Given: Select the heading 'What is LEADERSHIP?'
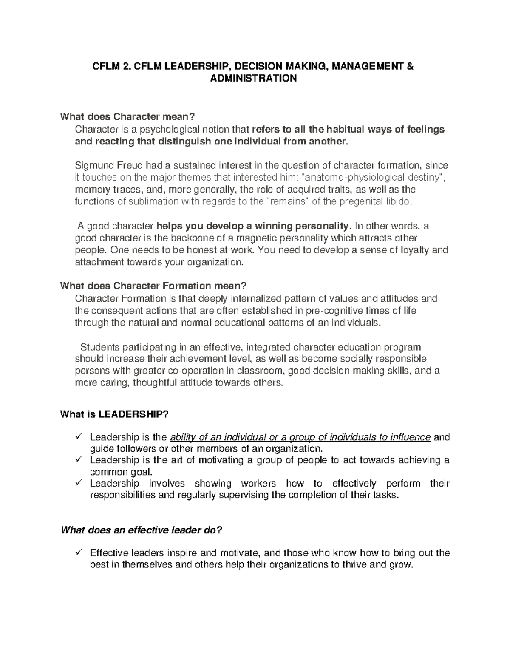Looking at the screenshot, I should [115, 414].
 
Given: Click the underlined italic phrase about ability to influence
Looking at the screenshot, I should [300, 437].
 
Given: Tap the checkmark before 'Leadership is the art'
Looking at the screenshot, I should [79, 460].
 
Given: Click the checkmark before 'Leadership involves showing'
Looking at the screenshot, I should [79, 484].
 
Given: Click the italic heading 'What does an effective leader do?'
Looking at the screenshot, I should [142, 530].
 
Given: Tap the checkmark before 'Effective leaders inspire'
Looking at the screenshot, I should [79, 553].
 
